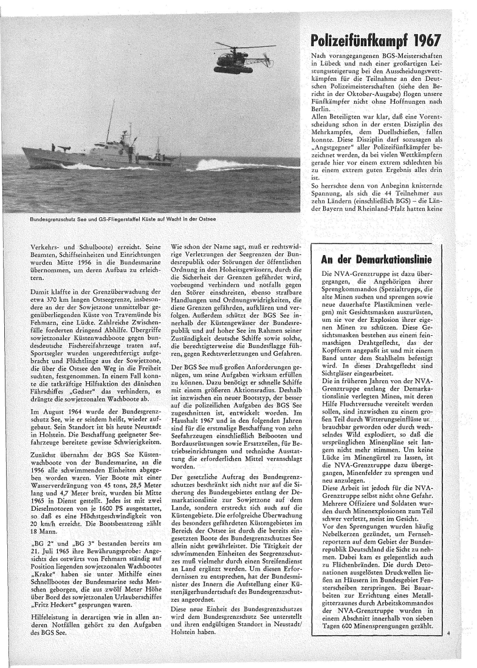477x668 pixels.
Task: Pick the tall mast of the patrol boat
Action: pyautogui.click(x=109, y=121)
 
